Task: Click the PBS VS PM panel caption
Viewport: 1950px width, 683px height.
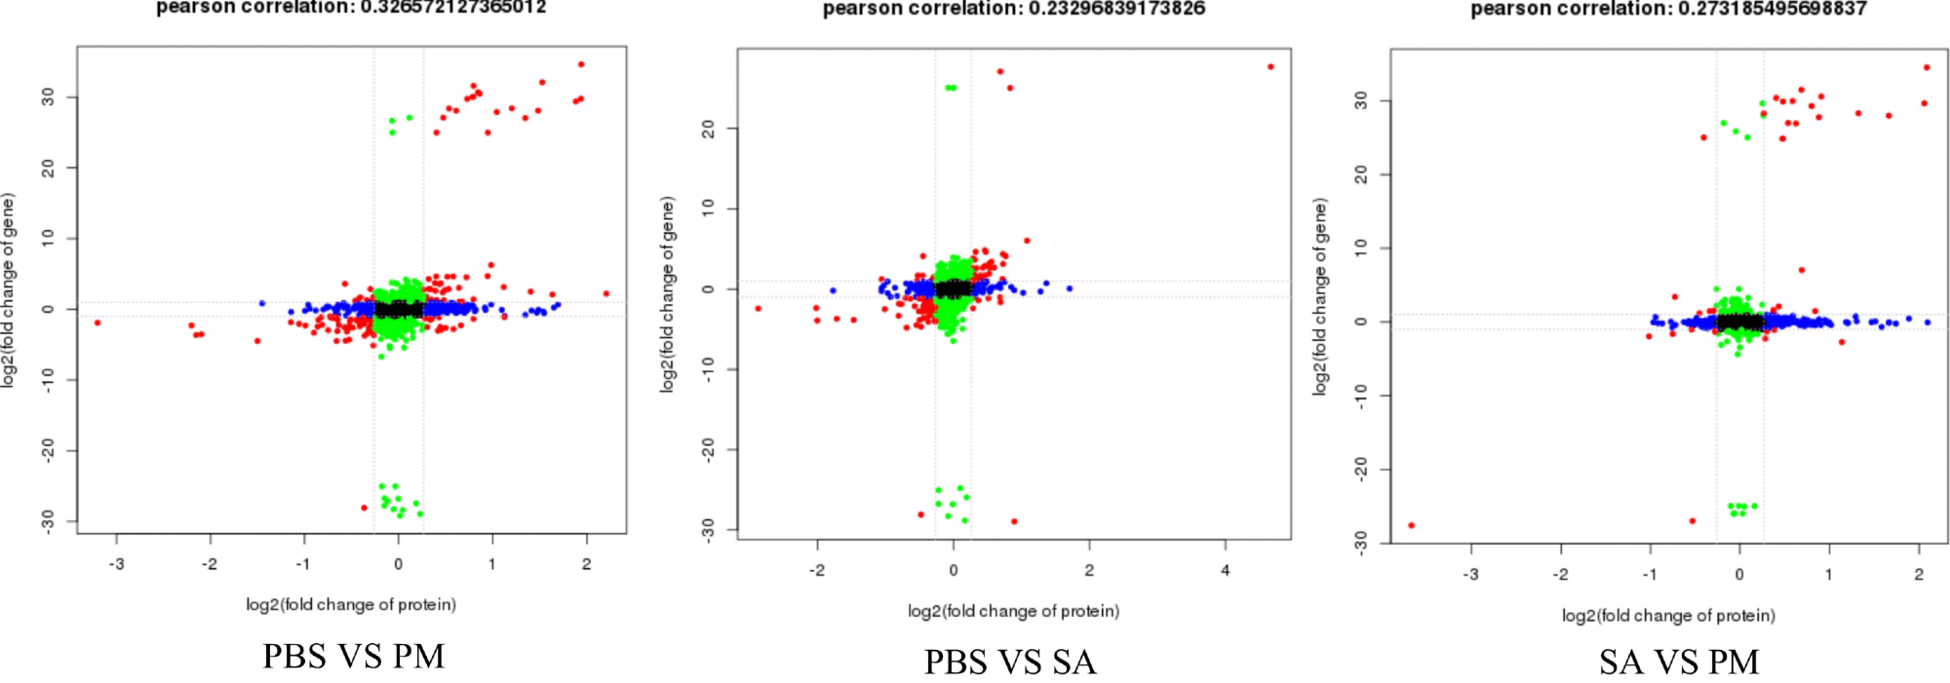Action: click(x=353, y=657)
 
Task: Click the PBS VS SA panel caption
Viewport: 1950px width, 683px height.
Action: click(x=1010, y=663)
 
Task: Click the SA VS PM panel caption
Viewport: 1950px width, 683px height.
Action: click(x=1679, y=663)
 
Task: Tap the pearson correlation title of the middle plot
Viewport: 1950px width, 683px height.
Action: click(x=1014, y=9)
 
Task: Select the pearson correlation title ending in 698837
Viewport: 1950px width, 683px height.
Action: click(x=1668, y=9)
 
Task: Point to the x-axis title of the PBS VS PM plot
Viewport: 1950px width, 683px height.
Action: click(x=351, y=605)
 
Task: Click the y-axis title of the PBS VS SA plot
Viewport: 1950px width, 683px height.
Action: click(x=668, y=294)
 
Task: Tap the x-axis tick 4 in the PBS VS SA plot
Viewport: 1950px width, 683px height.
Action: click(x=1226, y=570)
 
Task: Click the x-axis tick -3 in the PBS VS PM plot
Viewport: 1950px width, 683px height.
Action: click(x=116, y=564)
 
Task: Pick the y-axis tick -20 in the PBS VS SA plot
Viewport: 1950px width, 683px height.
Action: click(x=709, y=449)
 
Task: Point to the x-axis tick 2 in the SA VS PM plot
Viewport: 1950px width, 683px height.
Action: click(x=1919, y=574)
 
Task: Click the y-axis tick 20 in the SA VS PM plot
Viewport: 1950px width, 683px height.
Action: click(x=1361, y=174)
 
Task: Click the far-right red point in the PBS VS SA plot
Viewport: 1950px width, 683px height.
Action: click(x=1270, y=67)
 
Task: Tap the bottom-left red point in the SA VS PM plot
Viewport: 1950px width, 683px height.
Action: click(x=1411, y=525)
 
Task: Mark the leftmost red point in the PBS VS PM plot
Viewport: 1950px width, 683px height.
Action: click(x=97, y=323)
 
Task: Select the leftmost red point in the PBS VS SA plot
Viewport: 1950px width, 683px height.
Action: click(x=758, y=309)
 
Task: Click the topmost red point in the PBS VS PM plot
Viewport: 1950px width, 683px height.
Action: click(x=581, y=64)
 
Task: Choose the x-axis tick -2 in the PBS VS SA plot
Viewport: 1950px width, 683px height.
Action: click(x=817, y=570)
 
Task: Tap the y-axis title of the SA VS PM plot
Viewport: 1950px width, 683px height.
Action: click(x=1320, y=297)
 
